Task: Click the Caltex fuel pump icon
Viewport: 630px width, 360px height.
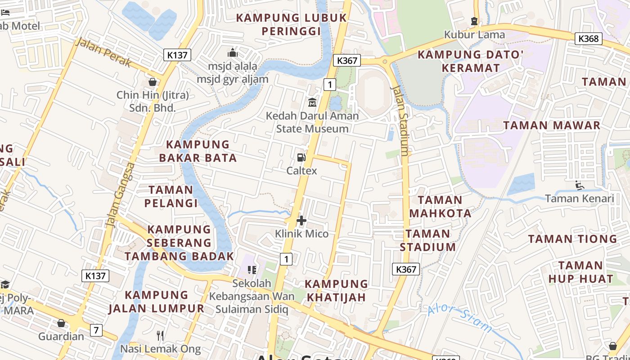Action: click(301, 157)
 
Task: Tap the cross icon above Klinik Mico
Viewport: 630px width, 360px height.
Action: click(301, 220)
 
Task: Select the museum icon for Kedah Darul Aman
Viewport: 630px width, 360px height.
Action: click(312, 103)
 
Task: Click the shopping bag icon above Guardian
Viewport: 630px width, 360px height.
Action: click(61, 323)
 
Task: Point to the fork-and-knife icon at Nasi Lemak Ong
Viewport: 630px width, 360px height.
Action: click(160, 335)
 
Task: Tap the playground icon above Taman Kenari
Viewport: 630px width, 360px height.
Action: click(580, 185)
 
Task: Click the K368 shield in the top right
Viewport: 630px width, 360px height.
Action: click(589, 39)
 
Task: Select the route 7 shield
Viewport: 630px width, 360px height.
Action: click(96, 330)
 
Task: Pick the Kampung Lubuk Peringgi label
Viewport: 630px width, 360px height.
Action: click(292, 24)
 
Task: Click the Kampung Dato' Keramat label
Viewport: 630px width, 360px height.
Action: click(471, 61)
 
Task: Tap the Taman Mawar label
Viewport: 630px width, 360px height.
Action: click(552, 125)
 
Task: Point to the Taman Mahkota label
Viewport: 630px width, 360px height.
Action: click(440, 207)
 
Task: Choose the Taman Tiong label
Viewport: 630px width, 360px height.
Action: click(572, 239)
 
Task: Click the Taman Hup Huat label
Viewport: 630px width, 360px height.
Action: click(580, 272)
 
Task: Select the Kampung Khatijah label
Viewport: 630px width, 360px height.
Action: click(336, 290)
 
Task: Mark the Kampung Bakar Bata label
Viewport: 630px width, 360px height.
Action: click(198, 151)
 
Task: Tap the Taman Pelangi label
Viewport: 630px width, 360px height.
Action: click(171, 196)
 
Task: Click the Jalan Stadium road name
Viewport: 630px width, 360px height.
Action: click(401, 121)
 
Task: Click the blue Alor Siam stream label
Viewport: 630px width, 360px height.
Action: click(460, 319)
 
